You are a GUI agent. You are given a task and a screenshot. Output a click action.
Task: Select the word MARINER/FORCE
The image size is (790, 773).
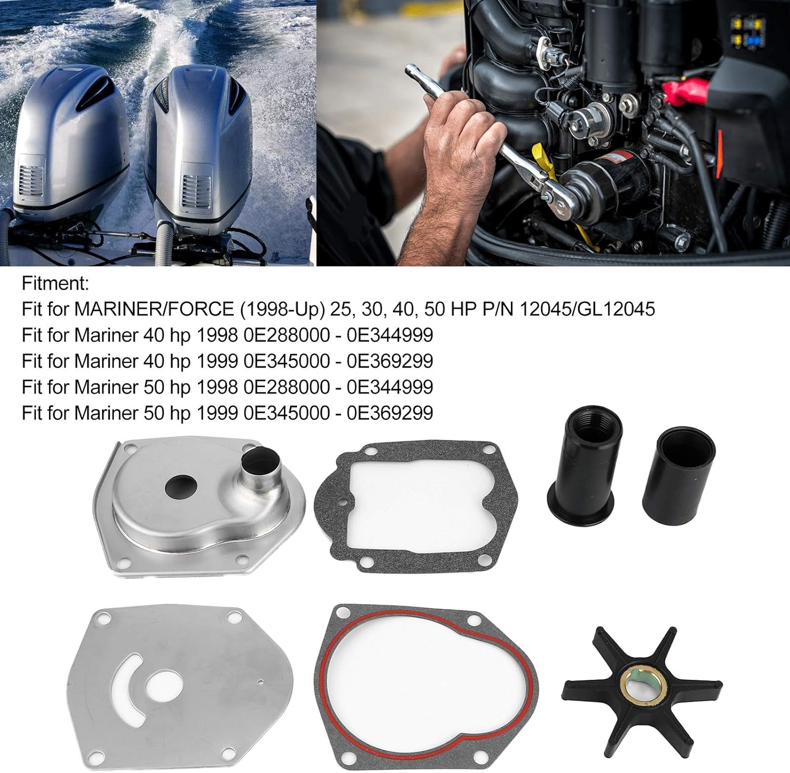tap(154, 309)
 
